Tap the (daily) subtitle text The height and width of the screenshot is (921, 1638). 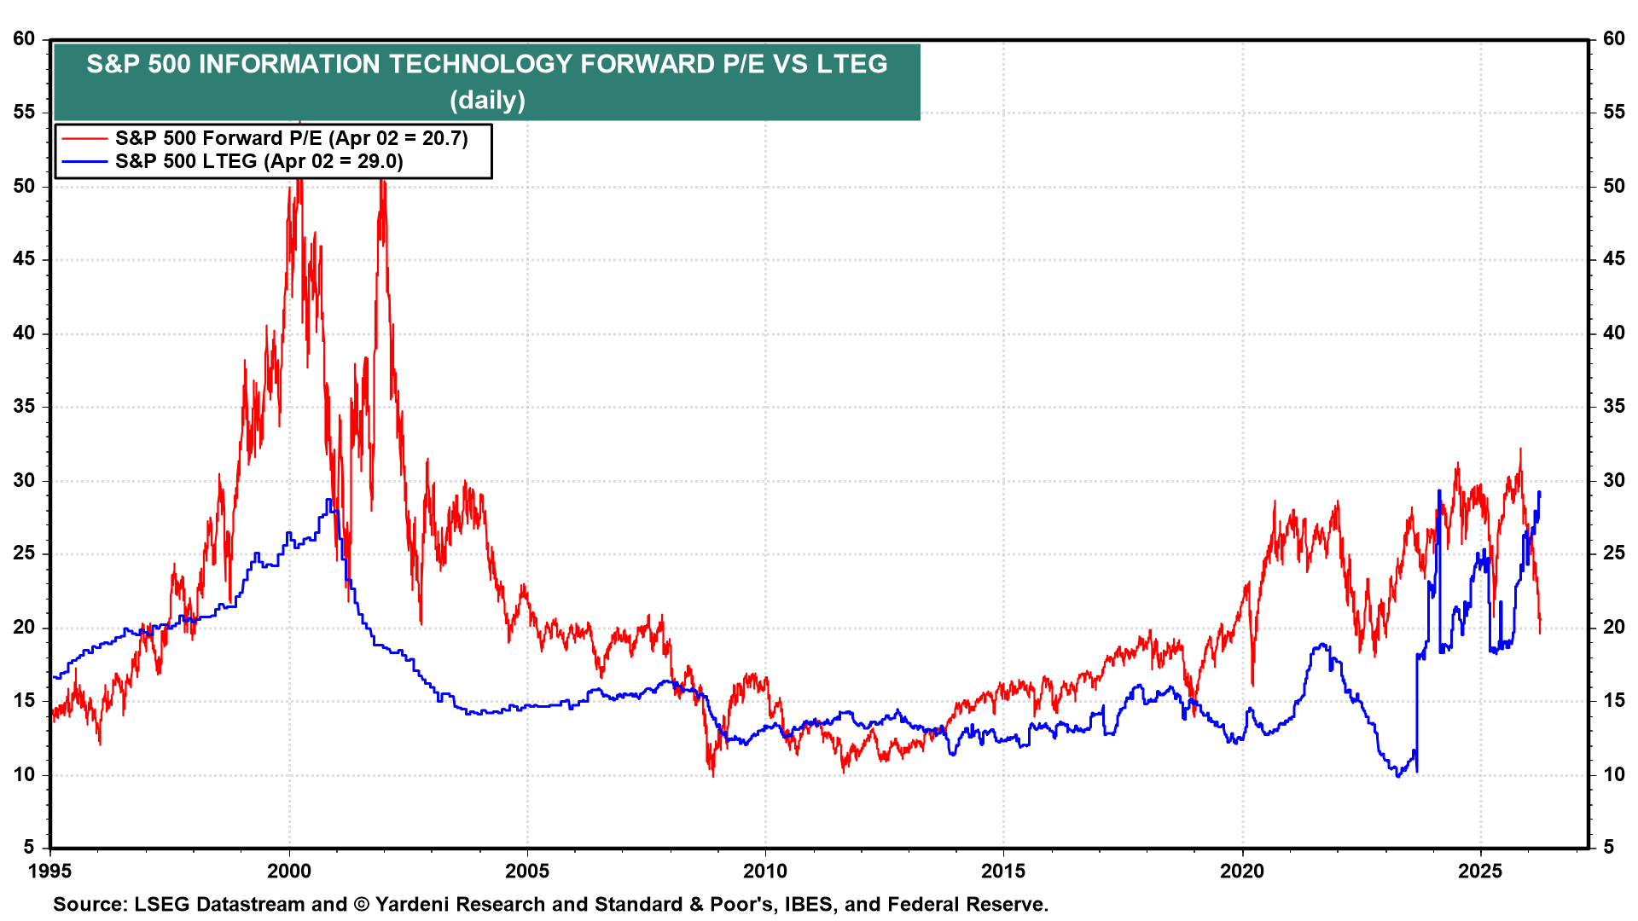click(487, 100)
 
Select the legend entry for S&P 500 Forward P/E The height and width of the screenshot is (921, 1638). click(291, 138)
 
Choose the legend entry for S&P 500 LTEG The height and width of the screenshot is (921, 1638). click(258, 161)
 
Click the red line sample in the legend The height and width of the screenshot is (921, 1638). click(84, 138)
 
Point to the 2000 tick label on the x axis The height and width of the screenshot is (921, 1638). click(288, 871)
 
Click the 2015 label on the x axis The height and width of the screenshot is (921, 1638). click(1003, 871)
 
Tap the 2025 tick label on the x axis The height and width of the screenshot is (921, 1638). click(1480, 871)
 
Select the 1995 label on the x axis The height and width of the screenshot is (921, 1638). click(50, 871)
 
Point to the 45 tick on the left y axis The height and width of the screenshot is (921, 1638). click(24, 259)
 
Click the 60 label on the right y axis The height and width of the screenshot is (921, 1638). click(1614, 39)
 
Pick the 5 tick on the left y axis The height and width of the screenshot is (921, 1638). click(30, 847)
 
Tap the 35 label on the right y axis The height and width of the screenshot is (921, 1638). click(1614, 406)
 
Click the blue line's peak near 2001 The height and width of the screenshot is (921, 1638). click(328, 501)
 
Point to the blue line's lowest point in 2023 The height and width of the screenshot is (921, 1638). click(1397, 776)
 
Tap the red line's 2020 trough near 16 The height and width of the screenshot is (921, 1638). click(1252, 684)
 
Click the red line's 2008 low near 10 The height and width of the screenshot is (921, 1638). click(713, 774)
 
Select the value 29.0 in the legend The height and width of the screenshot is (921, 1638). click(379, 161)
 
